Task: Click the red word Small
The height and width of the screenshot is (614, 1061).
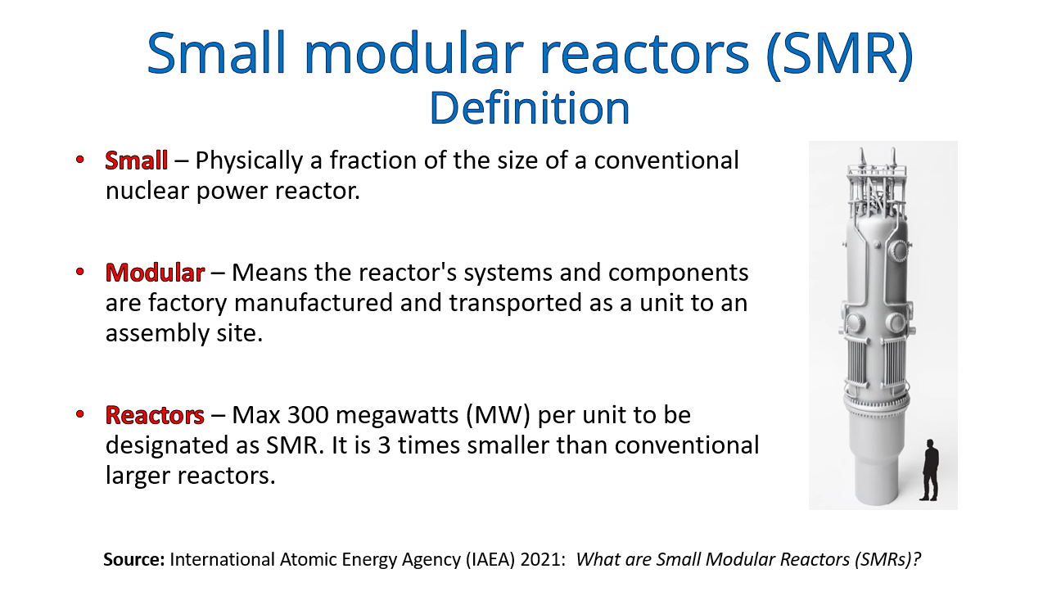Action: pyautogui.click(x=137, y=160)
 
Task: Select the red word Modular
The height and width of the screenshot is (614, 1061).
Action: pyautogui.click(x=155, y=273)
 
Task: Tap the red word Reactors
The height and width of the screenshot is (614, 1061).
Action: pyautogui.click(x=155, y=415)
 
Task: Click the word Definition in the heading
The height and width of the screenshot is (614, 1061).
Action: pyautogui.click(x=530, y=108)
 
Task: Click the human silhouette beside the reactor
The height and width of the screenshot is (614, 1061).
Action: pyautogui.click(x=928, y=470)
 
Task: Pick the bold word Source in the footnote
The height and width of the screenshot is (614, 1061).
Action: pyautogui.click(x=134, y=560)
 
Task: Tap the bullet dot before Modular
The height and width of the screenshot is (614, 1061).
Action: pyautogui.click(x=80, y=271)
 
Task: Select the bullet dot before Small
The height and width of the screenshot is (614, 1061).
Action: pyautogui.click(x=80, y=159)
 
